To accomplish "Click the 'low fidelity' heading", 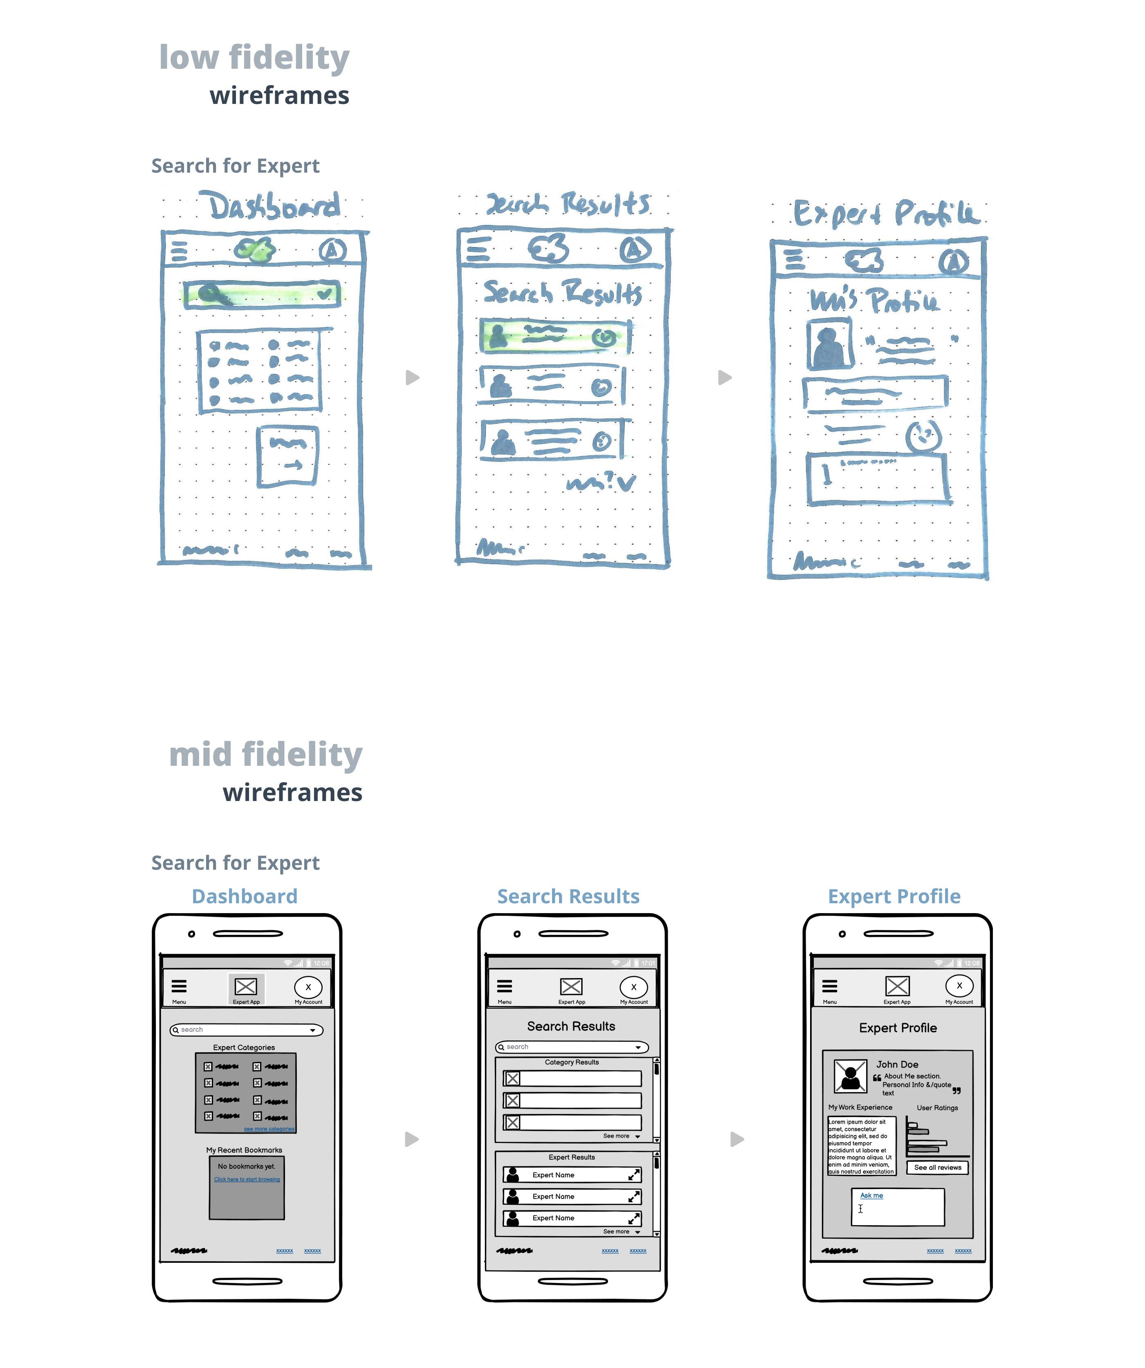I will [x=254, y=57].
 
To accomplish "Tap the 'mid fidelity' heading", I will [x=266, y=754].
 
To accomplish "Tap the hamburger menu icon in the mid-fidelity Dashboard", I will [x=179, y=986].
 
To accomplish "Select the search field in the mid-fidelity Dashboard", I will [x=246, y=1030].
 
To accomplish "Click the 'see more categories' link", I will [x=269, y=1129].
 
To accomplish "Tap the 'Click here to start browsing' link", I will [x=247, y=1179].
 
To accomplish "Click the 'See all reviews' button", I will [x=937, y=1168].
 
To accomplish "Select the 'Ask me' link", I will [x=871, y=1195].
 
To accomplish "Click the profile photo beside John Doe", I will [x=850, y=1076].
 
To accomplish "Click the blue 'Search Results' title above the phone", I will [x=568, y=896].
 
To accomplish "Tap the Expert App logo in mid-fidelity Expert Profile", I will [x=897, y=986].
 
